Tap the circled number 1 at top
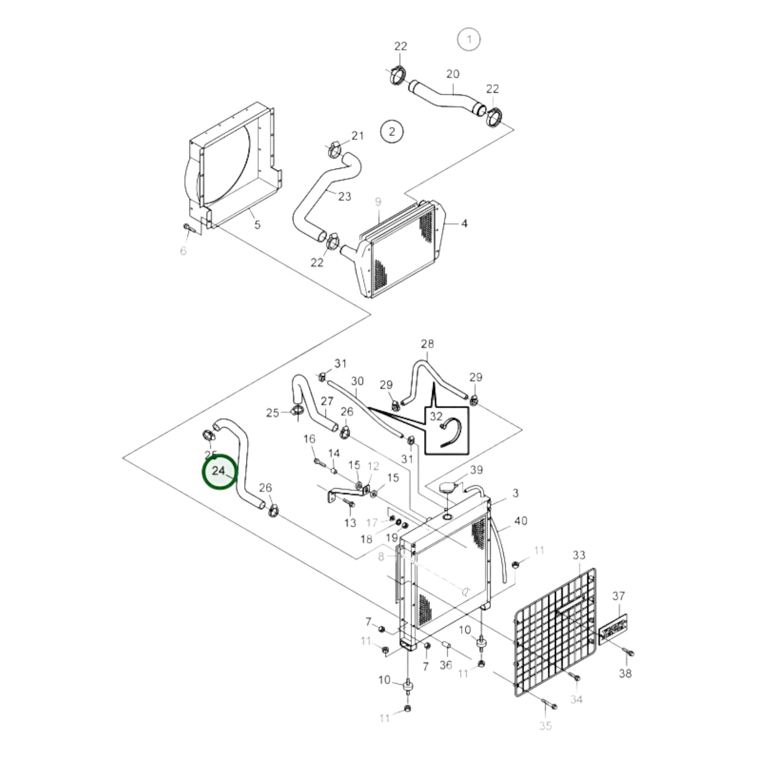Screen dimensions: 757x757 [x=469, y=39]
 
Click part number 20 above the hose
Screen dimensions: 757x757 [x=453, y=74]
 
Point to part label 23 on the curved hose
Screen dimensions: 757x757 [x=344, y=196]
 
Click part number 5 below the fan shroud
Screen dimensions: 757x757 [x=257, y=225]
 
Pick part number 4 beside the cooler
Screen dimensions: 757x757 [x=464, y=224]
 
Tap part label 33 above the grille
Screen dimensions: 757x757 [x=579, y=555]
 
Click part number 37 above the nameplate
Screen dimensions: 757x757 [x=619, y=596]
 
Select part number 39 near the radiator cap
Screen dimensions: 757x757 [x=476, y=470]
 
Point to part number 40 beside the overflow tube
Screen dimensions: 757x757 [x=521, y=521]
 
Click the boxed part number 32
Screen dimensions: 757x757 [x=436, y=416]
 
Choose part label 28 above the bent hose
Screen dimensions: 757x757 [x=427, y=344]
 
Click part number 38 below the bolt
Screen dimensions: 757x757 [x=626, y=673]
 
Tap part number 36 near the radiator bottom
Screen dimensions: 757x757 [x=446, y=665]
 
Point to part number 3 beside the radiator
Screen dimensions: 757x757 [x=515, y=493]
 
